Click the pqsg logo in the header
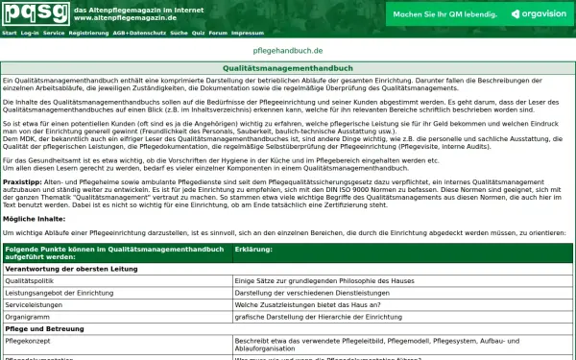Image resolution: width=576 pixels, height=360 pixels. click(x=35, y=12)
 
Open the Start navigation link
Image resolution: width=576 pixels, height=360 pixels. click(x=9, y=32)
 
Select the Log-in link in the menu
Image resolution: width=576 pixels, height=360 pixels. click(x=30, y=32)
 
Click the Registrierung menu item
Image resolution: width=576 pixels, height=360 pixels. click(x=89, y=32)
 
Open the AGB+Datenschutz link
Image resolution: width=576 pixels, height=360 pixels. click(x=139, y=32)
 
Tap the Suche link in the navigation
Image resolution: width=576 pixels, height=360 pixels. click(x=179, y=32)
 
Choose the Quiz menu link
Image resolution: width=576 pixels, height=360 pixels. click(x=199, y=32)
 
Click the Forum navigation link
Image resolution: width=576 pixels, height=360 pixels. click(x=219, y=32)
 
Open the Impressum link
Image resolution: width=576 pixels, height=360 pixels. click(x=247, y=32)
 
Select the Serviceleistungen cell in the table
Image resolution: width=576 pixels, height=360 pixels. click(x=37, y=304)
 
